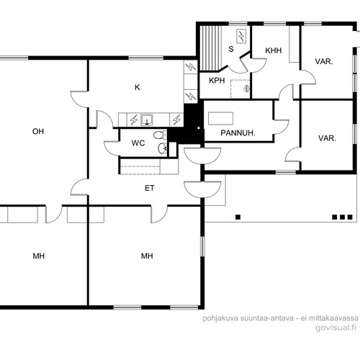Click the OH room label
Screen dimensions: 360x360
(38, 131)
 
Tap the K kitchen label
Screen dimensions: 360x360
(138, 87)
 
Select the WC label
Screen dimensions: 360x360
(138, 143)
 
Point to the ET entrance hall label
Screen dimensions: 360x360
(150, 188)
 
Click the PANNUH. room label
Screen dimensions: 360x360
(238, 133)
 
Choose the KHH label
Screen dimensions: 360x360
(274, 50)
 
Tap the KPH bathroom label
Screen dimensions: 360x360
(217, 81)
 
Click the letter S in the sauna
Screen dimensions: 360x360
(231, 49)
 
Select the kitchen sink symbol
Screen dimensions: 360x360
(147, 120)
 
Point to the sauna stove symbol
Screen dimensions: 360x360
(241, 36)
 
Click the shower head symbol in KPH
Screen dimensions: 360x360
(246, 89)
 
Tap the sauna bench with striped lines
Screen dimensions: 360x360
(211, 48)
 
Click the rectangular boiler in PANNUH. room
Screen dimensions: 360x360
(220, 118)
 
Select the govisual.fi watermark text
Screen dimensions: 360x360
(336, 328)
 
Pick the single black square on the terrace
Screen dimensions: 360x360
(238, 217)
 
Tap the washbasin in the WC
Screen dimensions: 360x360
(163, 148)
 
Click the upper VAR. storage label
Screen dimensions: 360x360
(324, 61)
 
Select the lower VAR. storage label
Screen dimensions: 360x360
(327, 138)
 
